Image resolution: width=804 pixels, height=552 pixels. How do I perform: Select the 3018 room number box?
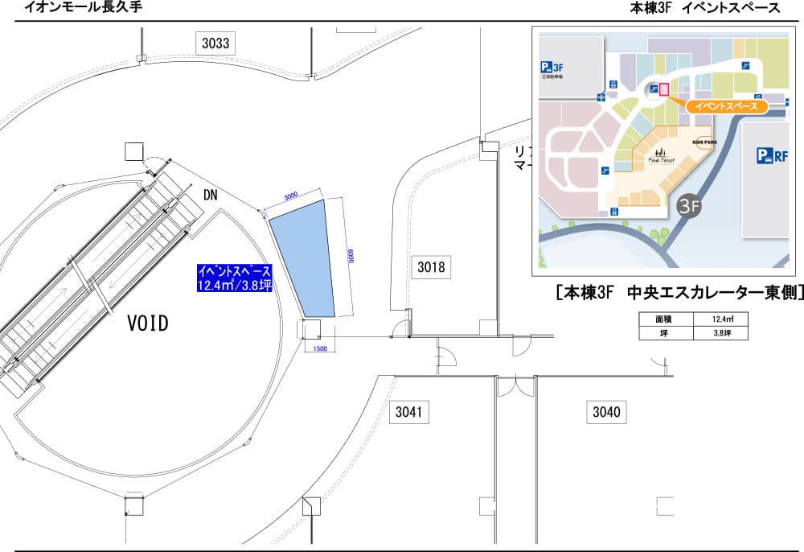[x=430, y=266]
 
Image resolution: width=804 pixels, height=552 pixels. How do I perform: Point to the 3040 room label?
[x=606, y=413]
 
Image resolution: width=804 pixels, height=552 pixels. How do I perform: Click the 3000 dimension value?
[x=291, y=196]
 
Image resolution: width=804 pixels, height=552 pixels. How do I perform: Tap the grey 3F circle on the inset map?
[x=691, y=206]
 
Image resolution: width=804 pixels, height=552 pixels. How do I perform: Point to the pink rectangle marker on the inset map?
[x=664, y=90]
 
